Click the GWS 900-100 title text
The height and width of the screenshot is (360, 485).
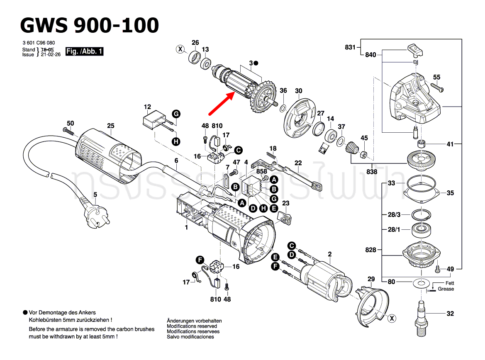click(x=90, y=25)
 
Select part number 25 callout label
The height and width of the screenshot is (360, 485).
click(x=110, y=126)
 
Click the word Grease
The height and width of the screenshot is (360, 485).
click(x=446, y=289)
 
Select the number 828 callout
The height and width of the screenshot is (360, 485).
click(x=371, y=250)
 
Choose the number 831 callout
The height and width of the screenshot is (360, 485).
click(x=351, y=47)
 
